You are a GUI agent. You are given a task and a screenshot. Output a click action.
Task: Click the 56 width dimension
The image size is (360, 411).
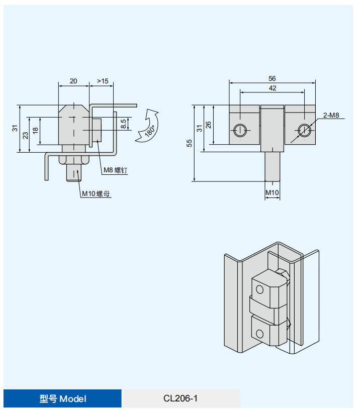click(272, 78)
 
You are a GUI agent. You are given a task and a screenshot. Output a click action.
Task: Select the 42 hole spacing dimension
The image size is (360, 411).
click(272, 88)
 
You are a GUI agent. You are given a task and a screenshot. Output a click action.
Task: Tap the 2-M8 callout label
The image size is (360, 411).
click(331, 115)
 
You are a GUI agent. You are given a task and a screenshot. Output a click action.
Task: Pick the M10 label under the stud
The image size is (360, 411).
click(272, 192)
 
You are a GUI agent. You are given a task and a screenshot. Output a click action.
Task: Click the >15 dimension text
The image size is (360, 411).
click(103, 81)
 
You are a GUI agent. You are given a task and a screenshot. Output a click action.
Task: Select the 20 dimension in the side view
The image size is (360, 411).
click(73, 81)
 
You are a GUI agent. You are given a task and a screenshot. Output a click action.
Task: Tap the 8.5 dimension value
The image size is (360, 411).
click(123, 124)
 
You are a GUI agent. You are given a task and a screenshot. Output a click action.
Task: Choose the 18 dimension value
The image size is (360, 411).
click(35, 130)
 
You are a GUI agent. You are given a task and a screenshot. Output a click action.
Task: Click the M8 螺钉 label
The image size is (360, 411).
click(115, 170)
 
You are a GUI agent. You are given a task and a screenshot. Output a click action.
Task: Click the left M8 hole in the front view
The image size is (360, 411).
click(240, 130)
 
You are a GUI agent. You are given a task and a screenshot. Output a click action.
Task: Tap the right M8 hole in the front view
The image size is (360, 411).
click(303, 130)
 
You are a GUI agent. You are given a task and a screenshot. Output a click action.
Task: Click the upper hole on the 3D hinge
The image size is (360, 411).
click(259, 289)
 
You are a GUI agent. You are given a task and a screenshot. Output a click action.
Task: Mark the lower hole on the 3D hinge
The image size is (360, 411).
click(259, 334)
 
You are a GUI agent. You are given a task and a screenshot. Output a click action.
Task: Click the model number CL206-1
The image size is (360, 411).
click(181, 398)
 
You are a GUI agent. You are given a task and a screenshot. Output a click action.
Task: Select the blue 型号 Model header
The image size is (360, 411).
click(63, 398)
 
